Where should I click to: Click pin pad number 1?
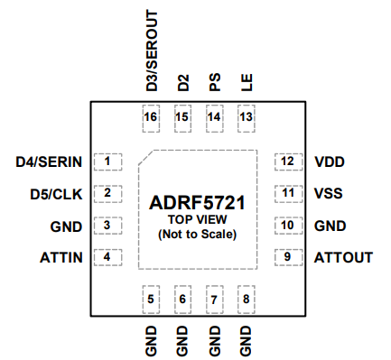(107, 162)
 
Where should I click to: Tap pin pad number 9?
(287, 257)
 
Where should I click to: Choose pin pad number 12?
(287, 162)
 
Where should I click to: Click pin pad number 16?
(151, 117)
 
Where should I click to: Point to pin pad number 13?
(246, 117)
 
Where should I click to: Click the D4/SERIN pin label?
(49, 162)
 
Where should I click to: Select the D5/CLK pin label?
(56, 194)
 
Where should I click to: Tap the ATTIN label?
(61, 257)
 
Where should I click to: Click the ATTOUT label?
(343, 257)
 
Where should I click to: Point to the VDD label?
(330, 162)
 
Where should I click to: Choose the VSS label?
(329, 194)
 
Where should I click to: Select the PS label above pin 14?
(214, 84)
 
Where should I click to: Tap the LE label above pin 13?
(246, 85)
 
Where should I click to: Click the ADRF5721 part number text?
(197, 204)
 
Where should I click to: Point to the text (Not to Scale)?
(197, 235)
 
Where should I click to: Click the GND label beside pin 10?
(330, 226)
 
